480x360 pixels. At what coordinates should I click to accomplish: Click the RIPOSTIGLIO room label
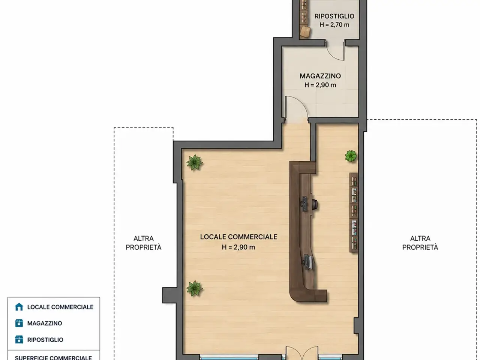pos(334,16)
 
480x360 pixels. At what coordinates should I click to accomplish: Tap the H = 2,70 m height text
pos(334,25)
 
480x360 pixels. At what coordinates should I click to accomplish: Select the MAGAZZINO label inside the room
pos(320,76)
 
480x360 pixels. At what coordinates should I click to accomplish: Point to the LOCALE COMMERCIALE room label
pos(238,237)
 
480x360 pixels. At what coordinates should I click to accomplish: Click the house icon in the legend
pos(19,307)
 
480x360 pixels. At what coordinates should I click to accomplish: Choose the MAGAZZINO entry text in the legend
pos(45,323)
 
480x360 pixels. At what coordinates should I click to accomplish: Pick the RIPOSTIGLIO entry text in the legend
pos(45,340)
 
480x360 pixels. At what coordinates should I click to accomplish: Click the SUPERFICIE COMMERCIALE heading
pos(53,358)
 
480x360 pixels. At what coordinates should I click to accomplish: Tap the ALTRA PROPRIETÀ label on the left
pos(144,243)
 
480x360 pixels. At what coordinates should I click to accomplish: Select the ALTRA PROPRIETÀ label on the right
pos(420,243)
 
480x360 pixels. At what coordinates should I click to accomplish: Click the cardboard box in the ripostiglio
pos(305,32)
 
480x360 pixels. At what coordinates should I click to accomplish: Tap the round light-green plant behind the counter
pos(351,156)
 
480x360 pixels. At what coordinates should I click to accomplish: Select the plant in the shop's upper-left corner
pos(194,162)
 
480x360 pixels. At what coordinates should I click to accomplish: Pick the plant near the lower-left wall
pos(194,288)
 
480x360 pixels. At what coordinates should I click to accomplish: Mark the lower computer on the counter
pos(308,261)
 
